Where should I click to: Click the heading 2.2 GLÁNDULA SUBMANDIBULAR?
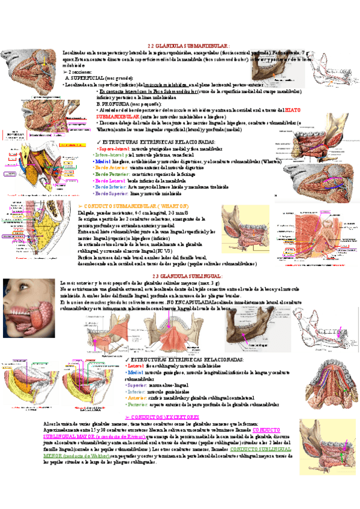tap(187, 46)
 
